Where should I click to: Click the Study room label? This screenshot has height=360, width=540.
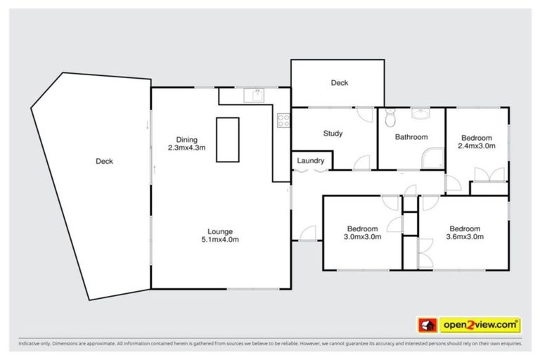click(x=333, y=134)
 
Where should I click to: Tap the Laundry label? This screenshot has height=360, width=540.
click(x=310, y=161)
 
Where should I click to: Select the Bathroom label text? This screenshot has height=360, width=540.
click(x=411, y=137)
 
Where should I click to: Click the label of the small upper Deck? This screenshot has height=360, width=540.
click(x=339, y=83)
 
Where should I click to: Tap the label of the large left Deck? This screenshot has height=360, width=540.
click(x=104, y=161)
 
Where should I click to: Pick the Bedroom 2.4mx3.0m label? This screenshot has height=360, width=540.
click(x=477, y=142)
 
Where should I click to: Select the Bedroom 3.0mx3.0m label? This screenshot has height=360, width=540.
click(x=362, y=233)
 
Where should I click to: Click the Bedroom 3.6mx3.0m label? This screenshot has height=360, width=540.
click(x=465, y=233)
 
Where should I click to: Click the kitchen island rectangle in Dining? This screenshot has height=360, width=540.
click(x=227, y=140)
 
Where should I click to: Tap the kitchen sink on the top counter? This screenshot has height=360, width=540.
click(x=252, y=95)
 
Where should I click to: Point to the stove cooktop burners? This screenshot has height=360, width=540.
click(x=283, y=120)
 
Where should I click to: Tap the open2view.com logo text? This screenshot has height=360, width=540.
click(x=480, y=324)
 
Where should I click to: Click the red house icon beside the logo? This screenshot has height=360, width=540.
click(x=425, y=325)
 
